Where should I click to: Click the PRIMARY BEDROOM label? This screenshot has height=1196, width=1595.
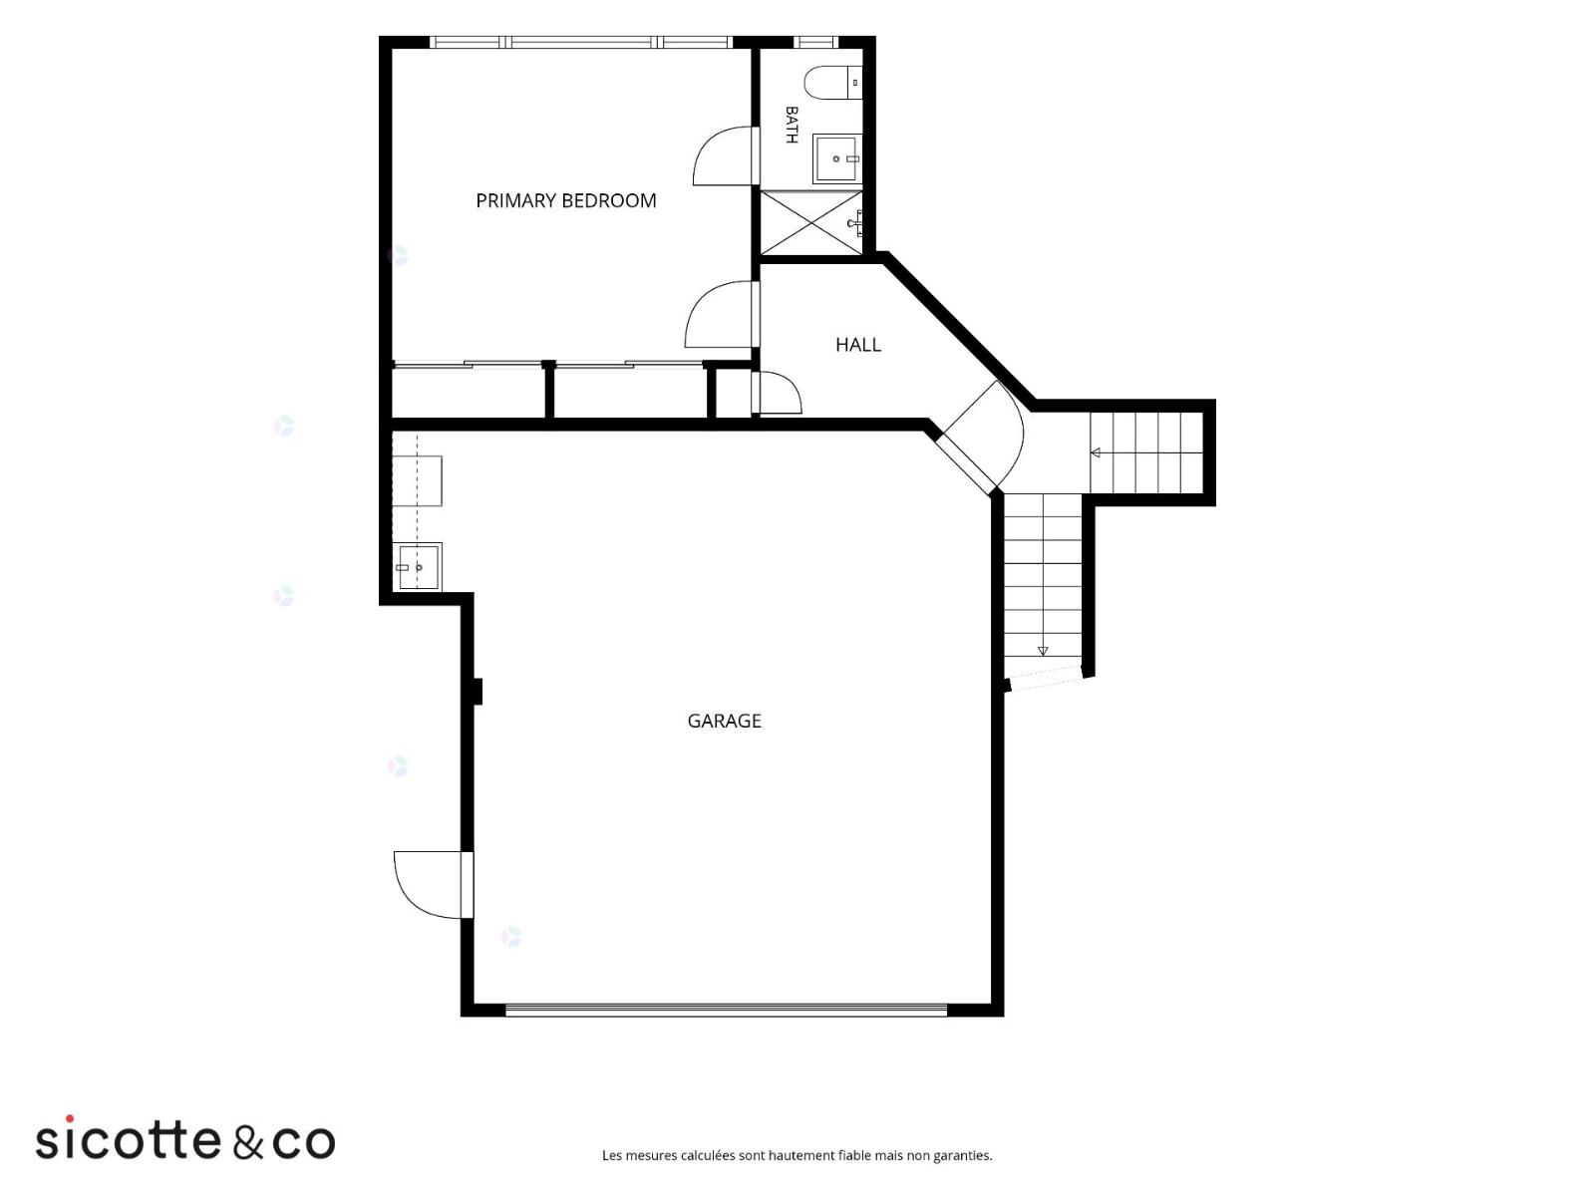(x=565, y=200)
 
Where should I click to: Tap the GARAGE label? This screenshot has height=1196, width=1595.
(x=724, y=721)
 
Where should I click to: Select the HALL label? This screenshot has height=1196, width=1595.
(x=857, y=344)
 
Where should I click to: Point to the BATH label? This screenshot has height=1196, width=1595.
(x=792, y=125)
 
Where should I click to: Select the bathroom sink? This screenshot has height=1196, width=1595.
(x=837, y=157)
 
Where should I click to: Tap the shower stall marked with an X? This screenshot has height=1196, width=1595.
(x=810, y=222)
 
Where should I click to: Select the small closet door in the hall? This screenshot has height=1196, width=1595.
(x=776, y=393)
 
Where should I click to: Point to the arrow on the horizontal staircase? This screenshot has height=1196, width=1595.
(x=1095, y=453)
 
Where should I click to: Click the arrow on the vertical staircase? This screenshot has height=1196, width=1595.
(x=1043, y=651)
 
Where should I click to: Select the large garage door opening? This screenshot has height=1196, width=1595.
(x=726, y=1010)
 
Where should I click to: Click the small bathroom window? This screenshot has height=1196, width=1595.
(x=815, y=42)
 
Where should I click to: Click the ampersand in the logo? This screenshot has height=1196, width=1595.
(x=248, y=1141)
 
